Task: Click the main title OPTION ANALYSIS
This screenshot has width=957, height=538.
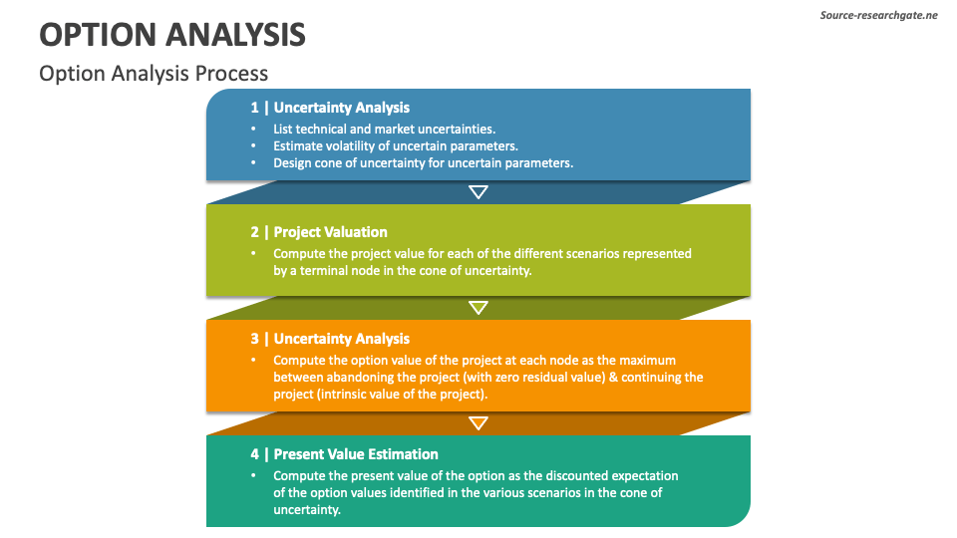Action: point(172,35)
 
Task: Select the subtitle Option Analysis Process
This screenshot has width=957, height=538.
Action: point(154,74)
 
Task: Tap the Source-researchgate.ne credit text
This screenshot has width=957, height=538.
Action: point(878,16)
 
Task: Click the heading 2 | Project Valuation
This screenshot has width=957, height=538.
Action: point(319,232)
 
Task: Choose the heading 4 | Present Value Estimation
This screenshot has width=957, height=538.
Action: point(344,454)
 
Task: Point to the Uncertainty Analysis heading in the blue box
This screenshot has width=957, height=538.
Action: point(341,108)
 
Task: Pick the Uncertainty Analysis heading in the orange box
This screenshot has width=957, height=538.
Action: point(341,339)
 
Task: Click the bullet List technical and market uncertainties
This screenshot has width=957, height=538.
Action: point(384,129)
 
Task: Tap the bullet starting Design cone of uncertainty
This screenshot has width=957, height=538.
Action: point(423,162)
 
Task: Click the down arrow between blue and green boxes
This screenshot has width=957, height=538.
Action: point(478,192)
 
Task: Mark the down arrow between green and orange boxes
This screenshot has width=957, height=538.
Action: point(478,308)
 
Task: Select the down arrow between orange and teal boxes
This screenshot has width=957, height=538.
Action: point(478,423)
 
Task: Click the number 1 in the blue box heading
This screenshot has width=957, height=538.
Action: point(254,108)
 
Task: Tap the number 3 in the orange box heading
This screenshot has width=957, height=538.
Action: point(254,339)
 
